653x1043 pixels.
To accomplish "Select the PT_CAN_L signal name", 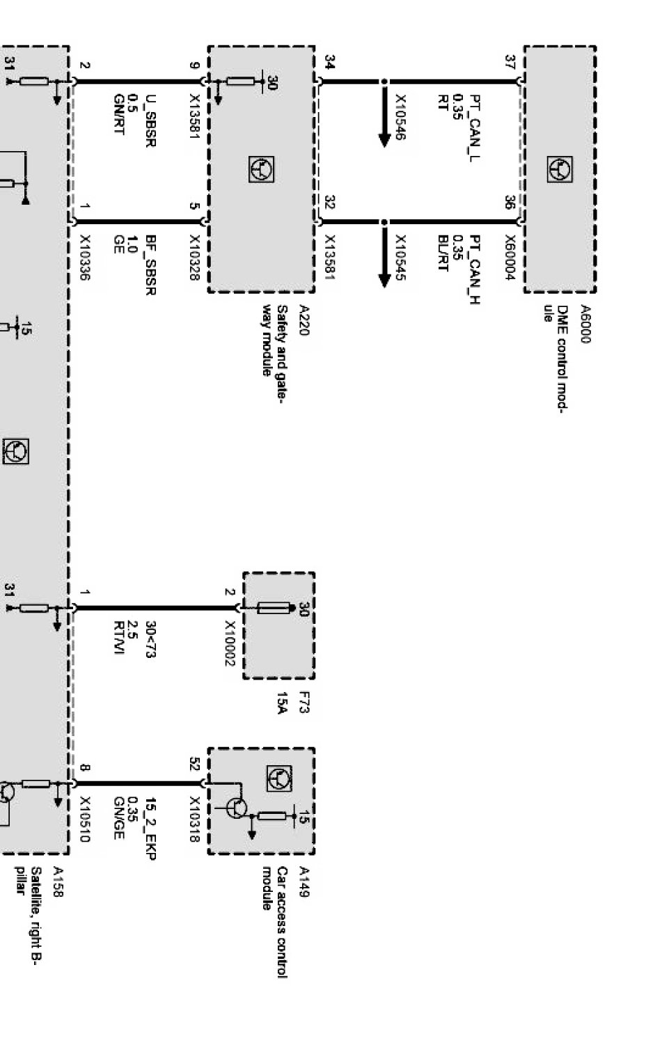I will [x=475, y=128].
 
